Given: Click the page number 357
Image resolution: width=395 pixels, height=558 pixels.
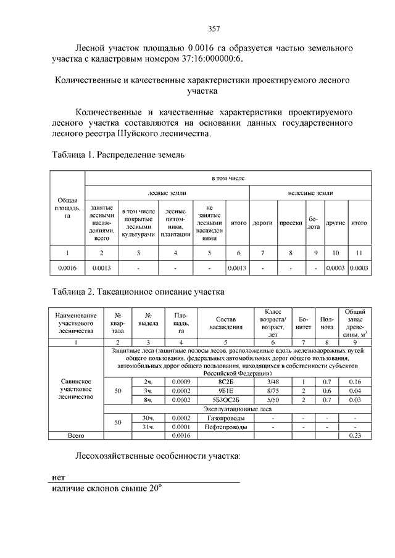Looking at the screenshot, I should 215,28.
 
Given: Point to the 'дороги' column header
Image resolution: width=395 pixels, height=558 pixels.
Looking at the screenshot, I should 263,223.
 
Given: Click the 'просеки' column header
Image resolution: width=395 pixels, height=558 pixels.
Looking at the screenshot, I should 290,223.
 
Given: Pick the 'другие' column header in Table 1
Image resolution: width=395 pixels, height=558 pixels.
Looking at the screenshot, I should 335,223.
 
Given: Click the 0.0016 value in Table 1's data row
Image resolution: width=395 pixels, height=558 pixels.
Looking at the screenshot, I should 67,268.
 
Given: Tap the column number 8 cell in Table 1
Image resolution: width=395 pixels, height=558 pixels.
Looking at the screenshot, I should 290,253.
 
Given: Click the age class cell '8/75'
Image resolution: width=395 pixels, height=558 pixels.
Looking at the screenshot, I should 273,391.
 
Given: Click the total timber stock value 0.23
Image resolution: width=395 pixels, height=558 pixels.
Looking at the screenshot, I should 354,435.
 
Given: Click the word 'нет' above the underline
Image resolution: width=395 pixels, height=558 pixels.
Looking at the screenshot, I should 59,477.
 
